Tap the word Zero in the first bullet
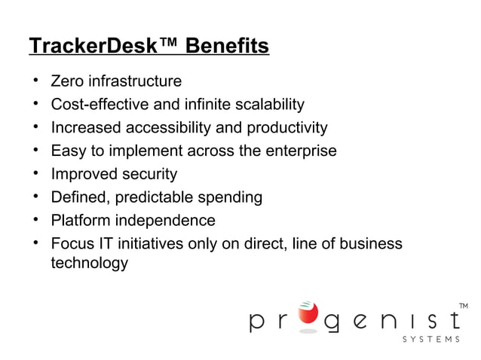coord(66,81)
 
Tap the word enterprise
coord(301,151)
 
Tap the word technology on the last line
coord(89,264)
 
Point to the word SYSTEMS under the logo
coord(430,339)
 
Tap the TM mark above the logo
coord(463,305)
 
